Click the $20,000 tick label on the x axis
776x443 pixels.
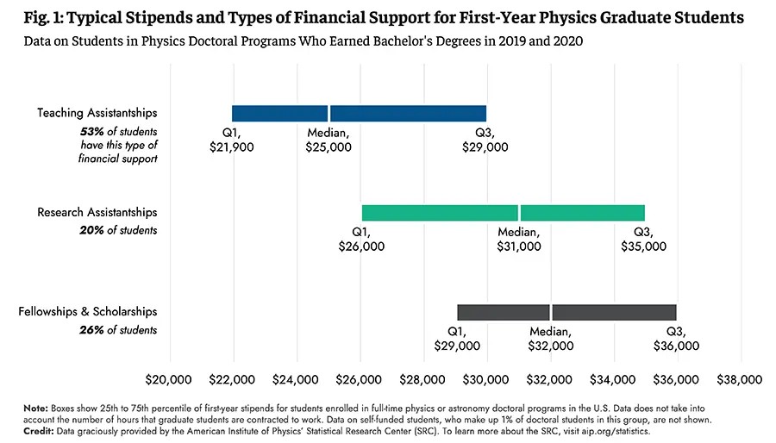pyautogui.click(x=168, y=380)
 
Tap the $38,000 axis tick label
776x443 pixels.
pyautogui.click(x=740, y=380)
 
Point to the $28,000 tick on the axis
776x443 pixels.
pyautogui.click(x=422, y=380)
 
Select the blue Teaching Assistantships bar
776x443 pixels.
pyautogui.click(x=359, y=113)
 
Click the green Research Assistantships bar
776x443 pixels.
pyautogui.click(x=504, y=213)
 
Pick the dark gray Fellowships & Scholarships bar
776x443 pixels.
pyautogui.click(x=566, y=313)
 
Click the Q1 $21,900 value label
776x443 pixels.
pyautogui.click(x=232, y=140)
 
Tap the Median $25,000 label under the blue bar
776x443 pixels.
pyautogui.click(x=329, y=140)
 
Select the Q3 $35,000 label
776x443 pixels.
pyautogui.click(x=643, y=240)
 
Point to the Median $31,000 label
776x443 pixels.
pyautogui.click(x=519, y=240)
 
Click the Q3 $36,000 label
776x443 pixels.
pyautogui.click(x=676, y=339)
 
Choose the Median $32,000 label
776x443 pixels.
pyautogui.click(x=550, y=339)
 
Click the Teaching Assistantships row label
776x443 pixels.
pyautogui.click(x=97, y=113)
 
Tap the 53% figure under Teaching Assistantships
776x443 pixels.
pyautogui.click(x=92, y=132)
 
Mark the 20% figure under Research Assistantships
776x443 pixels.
pyautogui.click(x=91, y=230)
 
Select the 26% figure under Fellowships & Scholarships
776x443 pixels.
pyautogui.click(x=91, y=330)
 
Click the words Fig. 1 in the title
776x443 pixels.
pyautogui.click(x=44, y=18)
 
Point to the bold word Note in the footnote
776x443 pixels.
pyautogui.click(x=35, y=409)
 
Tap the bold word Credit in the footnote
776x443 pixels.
pyautogui.click(x=39, y=431)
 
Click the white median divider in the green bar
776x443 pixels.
pyautogui.click(x=519, y=213)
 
